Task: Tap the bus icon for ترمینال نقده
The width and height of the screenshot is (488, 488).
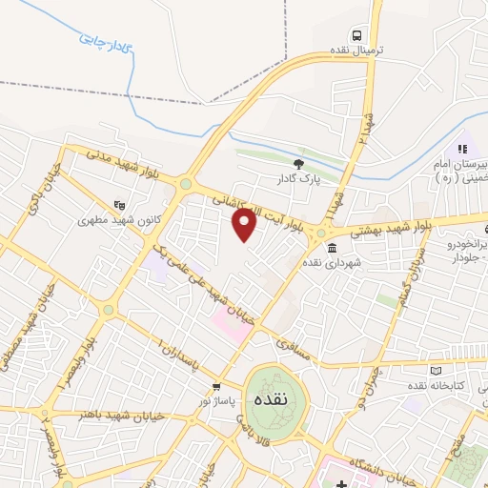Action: point(356,35)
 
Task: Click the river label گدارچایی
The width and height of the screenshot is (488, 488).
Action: point(103,41)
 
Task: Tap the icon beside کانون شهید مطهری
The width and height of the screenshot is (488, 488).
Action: point(118,203)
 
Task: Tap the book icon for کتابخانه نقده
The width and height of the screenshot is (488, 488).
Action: point(437,370)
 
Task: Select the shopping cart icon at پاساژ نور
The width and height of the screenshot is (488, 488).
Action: point(216,386)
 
